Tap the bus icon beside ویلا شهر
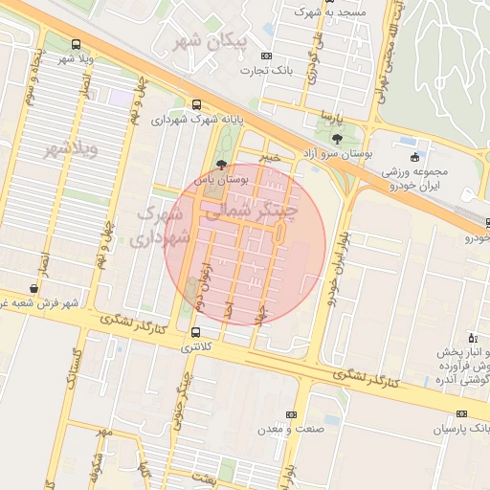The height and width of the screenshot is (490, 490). pos(77,44)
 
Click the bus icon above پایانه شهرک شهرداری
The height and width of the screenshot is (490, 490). pos(196,104)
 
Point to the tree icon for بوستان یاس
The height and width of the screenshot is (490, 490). pos(222,165)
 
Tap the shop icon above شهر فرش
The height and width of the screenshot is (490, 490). pos(34,288)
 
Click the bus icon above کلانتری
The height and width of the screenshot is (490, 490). pos(196,332)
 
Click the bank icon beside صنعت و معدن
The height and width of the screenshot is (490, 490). pos(290,414)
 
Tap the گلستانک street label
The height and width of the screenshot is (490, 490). pos(69,367)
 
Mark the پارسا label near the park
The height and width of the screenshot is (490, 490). pos(331,118)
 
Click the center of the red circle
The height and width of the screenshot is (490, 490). pos(246,244)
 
